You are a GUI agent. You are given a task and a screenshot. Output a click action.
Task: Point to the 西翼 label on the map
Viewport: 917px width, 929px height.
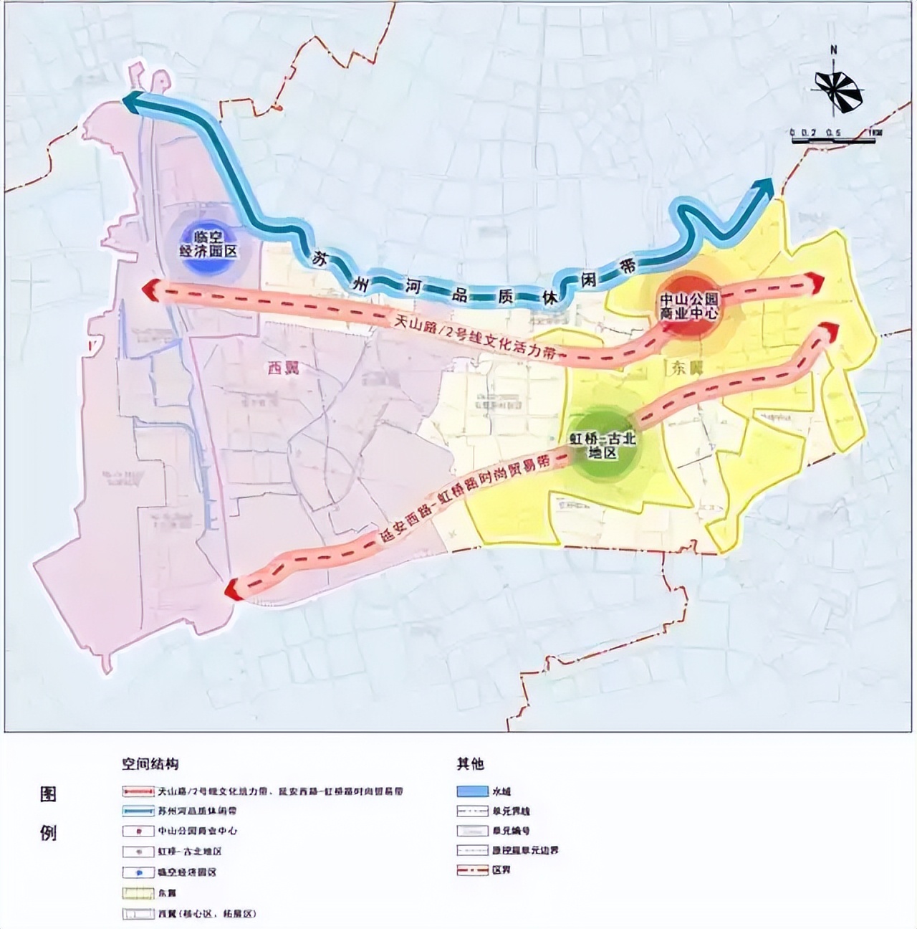point(282,369)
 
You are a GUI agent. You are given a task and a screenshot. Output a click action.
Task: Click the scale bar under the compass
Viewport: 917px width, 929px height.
point(833,139)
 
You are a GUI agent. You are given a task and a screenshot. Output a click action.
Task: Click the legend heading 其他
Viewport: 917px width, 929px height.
point(470,764)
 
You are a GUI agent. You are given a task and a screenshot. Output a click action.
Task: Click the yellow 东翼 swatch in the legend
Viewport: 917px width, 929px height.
point(138,893)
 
